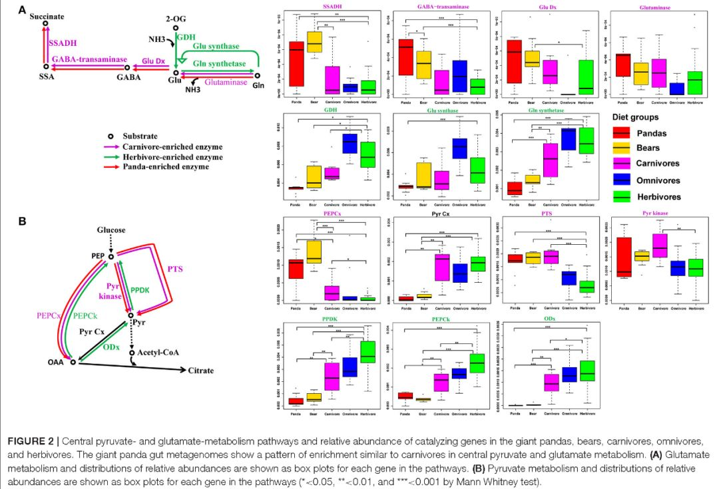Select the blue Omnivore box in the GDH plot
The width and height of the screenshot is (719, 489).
tap(348, 142)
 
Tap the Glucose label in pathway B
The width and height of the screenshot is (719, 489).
tap(111, 230)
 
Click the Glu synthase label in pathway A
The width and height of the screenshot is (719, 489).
tap(216, 46)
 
